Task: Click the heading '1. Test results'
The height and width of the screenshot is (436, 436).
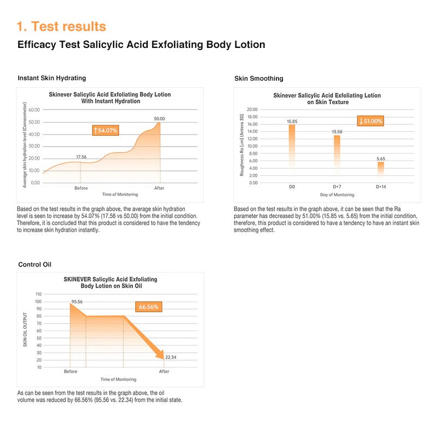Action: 61,26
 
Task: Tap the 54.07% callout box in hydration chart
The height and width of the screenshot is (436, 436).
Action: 106,130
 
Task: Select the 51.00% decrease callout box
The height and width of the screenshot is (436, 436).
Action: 371,121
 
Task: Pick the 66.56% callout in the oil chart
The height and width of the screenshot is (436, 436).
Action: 148,307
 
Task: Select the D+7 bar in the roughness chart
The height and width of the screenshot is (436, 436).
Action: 337,155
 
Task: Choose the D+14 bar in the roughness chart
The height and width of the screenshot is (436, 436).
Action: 380,169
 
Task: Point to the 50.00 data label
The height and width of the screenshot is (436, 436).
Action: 159,118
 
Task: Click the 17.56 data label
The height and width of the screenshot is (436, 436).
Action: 81,156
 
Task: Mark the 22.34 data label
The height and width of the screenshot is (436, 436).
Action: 172,358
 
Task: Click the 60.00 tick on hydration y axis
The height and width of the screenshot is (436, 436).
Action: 34,110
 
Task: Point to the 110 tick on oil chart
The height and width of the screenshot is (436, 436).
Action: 38,294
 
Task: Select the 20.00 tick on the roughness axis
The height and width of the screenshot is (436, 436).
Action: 252,110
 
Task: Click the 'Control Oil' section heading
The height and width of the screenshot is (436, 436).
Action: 34,265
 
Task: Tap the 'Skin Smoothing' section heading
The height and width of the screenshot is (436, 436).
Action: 258,78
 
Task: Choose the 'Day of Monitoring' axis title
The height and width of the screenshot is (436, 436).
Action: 336,195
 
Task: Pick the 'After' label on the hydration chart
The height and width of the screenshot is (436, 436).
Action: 159,188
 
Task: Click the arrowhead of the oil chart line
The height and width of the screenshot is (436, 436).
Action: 161,356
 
